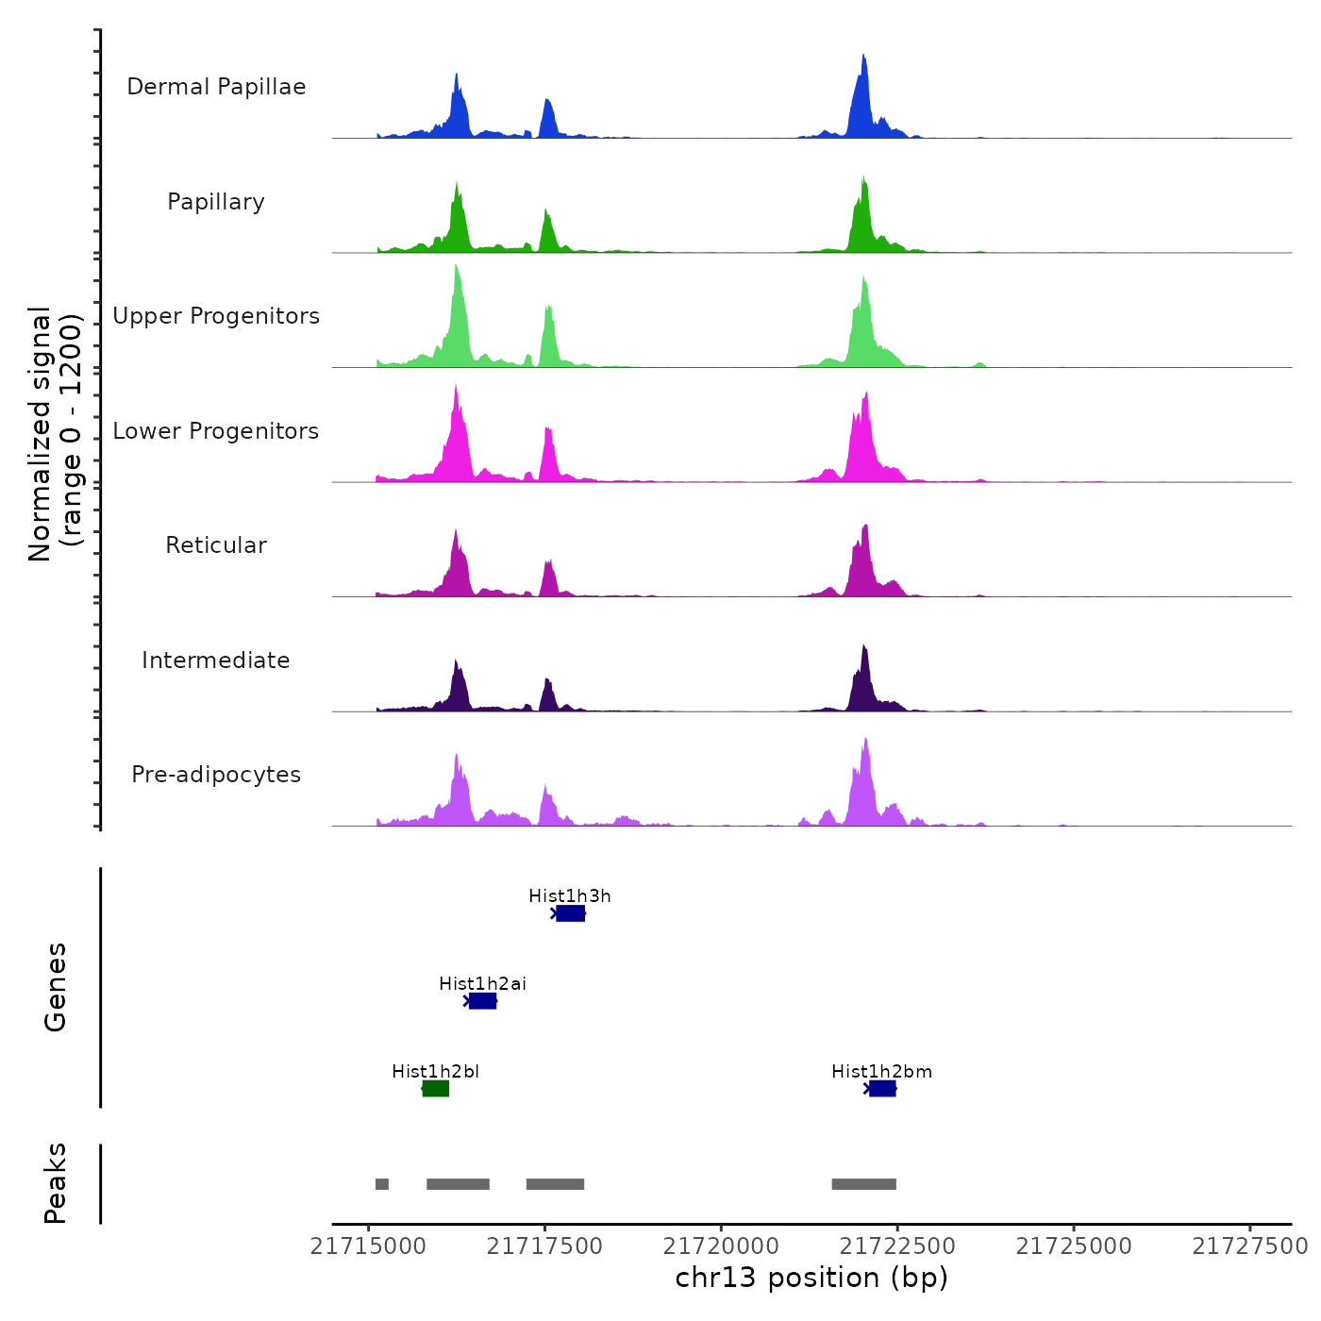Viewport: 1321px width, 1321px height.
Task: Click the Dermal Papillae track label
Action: point(216,87)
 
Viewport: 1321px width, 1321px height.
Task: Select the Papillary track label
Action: point(216,202)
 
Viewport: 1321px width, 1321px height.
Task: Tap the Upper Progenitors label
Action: point(216,316)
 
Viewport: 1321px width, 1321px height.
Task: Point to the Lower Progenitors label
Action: point(216,431)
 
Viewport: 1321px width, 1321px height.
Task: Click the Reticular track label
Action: point(216,545)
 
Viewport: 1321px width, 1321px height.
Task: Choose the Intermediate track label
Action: point(216,660)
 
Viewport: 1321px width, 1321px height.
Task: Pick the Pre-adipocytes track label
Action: point(216,775)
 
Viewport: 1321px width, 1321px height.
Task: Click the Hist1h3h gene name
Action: point(570,896)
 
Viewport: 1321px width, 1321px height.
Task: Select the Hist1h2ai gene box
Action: point(482,1001)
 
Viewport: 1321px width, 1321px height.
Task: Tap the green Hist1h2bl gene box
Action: point(435,1089)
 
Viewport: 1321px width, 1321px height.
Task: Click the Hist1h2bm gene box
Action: point(882,1089)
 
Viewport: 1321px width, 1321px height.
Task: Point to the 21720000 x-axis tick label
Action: point(721,1246)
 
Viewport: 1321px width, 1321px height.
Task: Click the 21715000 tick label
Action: point(368,1246)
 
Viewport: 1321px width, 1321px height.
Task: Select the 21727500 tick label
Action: point(1249,1246)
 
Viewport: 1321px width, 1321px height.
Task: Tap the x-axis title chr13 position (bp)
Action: point(811,1278)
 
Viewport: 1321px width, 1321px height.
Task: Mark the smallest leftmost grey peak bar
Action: point(382,1184)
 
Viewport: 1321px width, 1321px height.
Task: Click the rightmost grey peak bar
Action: point(863,1184)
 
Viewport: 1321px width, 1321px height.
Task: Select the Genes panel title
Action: point(56,987)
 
